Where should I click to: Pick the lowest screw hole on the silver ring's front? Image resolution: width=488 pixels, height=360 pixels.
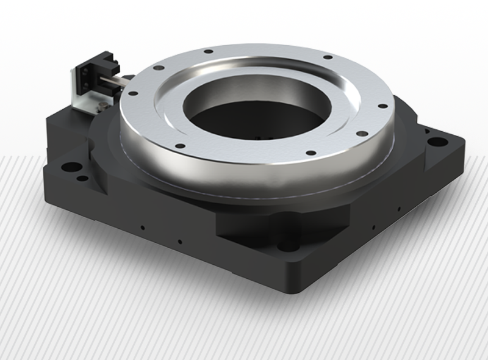coord(310,153)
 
